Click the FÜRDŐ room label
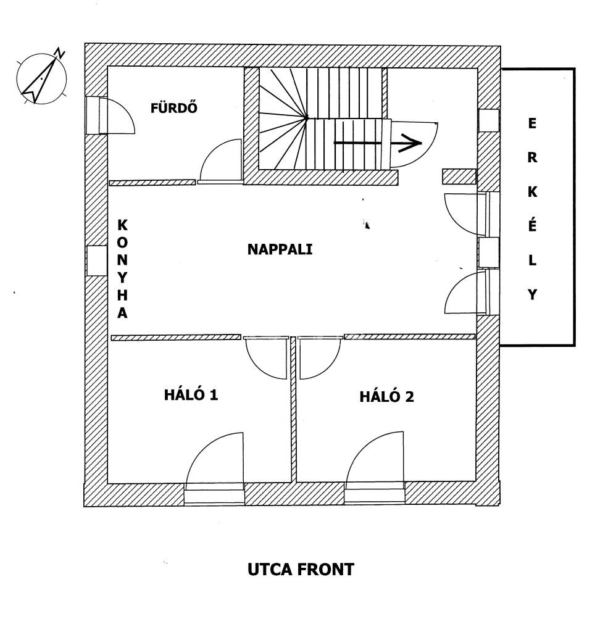[x=174, y=107]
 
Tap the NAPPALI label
[x=280, y=249]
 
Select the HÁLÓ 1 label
[x=191, y=394]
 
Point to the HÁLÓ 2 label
[x=386, y=397]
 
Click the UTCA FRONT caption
[x=301, y=570]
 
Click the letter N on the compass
[x=60, y=53]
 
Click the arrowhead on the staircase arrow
[x=410, y=143]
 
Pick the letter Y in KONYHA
[x=122, y=278]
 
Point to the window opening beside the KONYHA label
[x=97, y=261]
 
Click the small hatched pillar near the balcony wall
[x=459, y=176]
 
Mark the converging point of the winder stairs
[x=306, y=118]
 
